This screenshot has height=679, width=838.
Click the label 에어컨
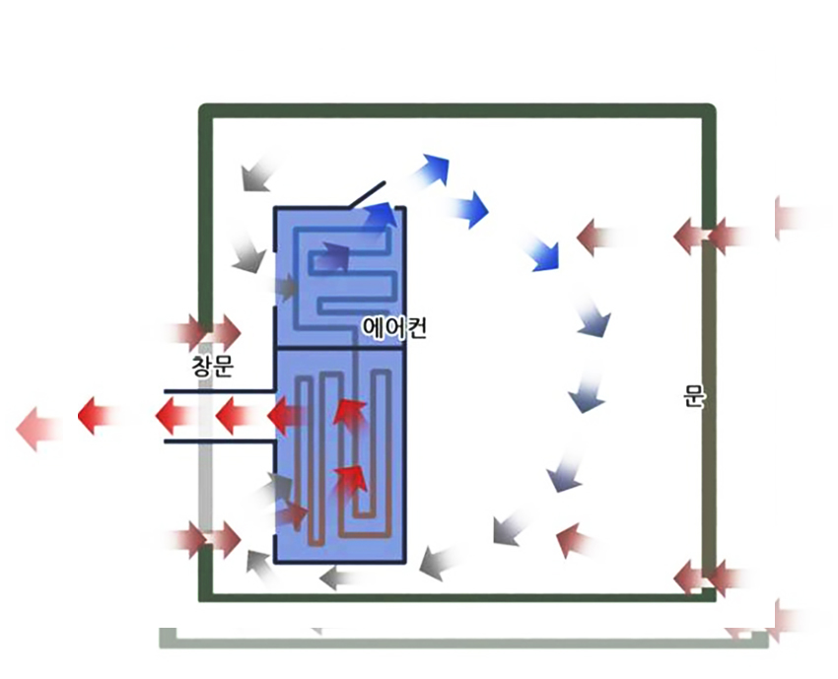394,326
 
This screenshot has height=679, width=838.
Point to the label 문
693,396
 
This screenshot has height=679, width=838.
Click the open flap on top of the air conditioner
367,193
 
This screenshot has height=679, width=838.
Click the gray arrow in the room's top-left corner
255,174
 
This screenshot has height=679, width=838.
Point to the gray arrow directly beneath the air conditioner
341,577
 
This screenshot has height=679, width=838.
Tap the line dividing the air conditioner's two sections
340,347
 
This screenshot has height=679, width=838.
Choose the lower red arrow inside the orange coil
350,479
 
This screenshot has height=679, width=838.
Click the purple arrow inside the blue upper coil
332,257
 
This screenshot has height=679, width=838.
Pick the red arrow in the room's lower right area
575,540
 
